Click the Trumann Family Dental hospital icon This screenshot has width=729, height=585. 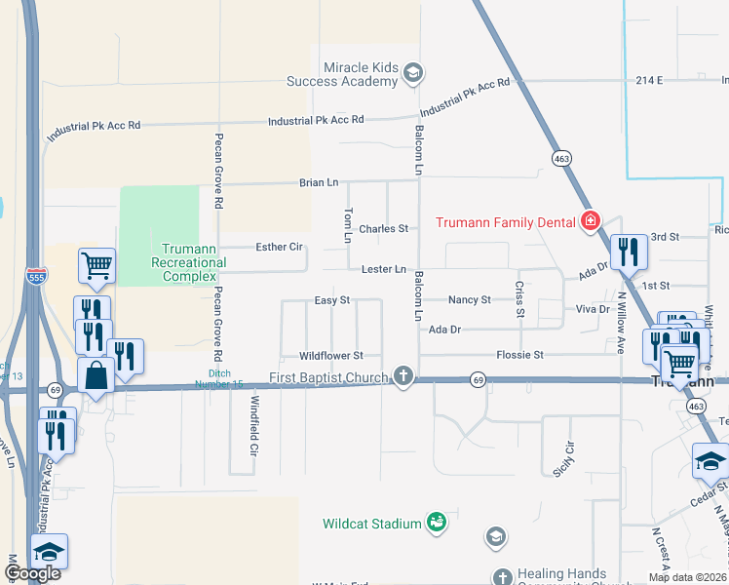point(590,222)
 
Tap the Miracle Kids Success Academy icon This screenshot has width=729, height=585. point(412,73)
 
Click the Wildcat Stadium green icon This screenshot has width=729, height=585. point(438,524)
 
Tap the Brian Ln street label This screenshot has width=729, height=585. point(319,182)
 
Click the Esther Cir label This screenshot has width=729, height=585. point(279,247)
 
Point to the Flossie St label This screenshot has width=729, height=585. point(519,355)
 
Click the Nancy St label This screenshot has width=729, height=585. point(469,300)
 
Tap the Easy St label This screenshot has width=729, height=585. point(332,300)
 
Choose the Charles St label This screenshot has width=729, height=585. point(383,229)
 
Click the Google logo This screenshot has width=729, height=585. point(32,573)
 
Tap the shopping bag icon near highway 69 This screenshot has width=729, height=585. point(96,376)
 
